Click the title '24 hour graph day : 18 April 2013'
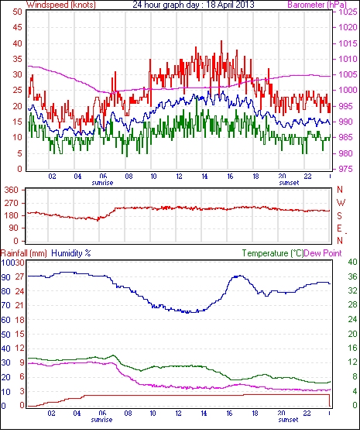pos(194,5)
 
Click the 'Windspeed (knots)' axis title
pos(61,5)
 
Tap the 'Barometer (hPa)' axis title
pos(317,5)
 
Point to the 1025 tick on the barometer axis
pos(348,12)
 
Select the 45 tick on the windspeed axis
pos(18,28)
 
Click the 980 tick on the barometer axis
pos(345,153)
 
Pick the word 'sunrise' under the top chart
pos(102,183)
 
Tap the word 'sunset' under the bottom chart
pos(288,420)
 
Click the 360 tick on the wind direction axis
pos(11,191)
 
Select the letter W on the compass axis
pos(341,203)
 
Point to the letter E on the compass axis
pos(339,228)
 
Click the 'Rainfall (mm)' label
pos(24,253)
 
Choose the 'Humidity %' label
pos(71,253)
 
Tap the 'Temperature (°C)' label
pos(273,253)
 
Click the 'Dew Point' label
pos(323,253)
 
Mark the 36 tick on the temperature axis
pos(352,276)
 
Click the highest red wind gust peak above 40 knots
pos(221,41)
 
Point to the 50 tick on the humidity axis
pos(6,335)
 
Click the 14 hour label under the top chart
pos(204,177)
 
